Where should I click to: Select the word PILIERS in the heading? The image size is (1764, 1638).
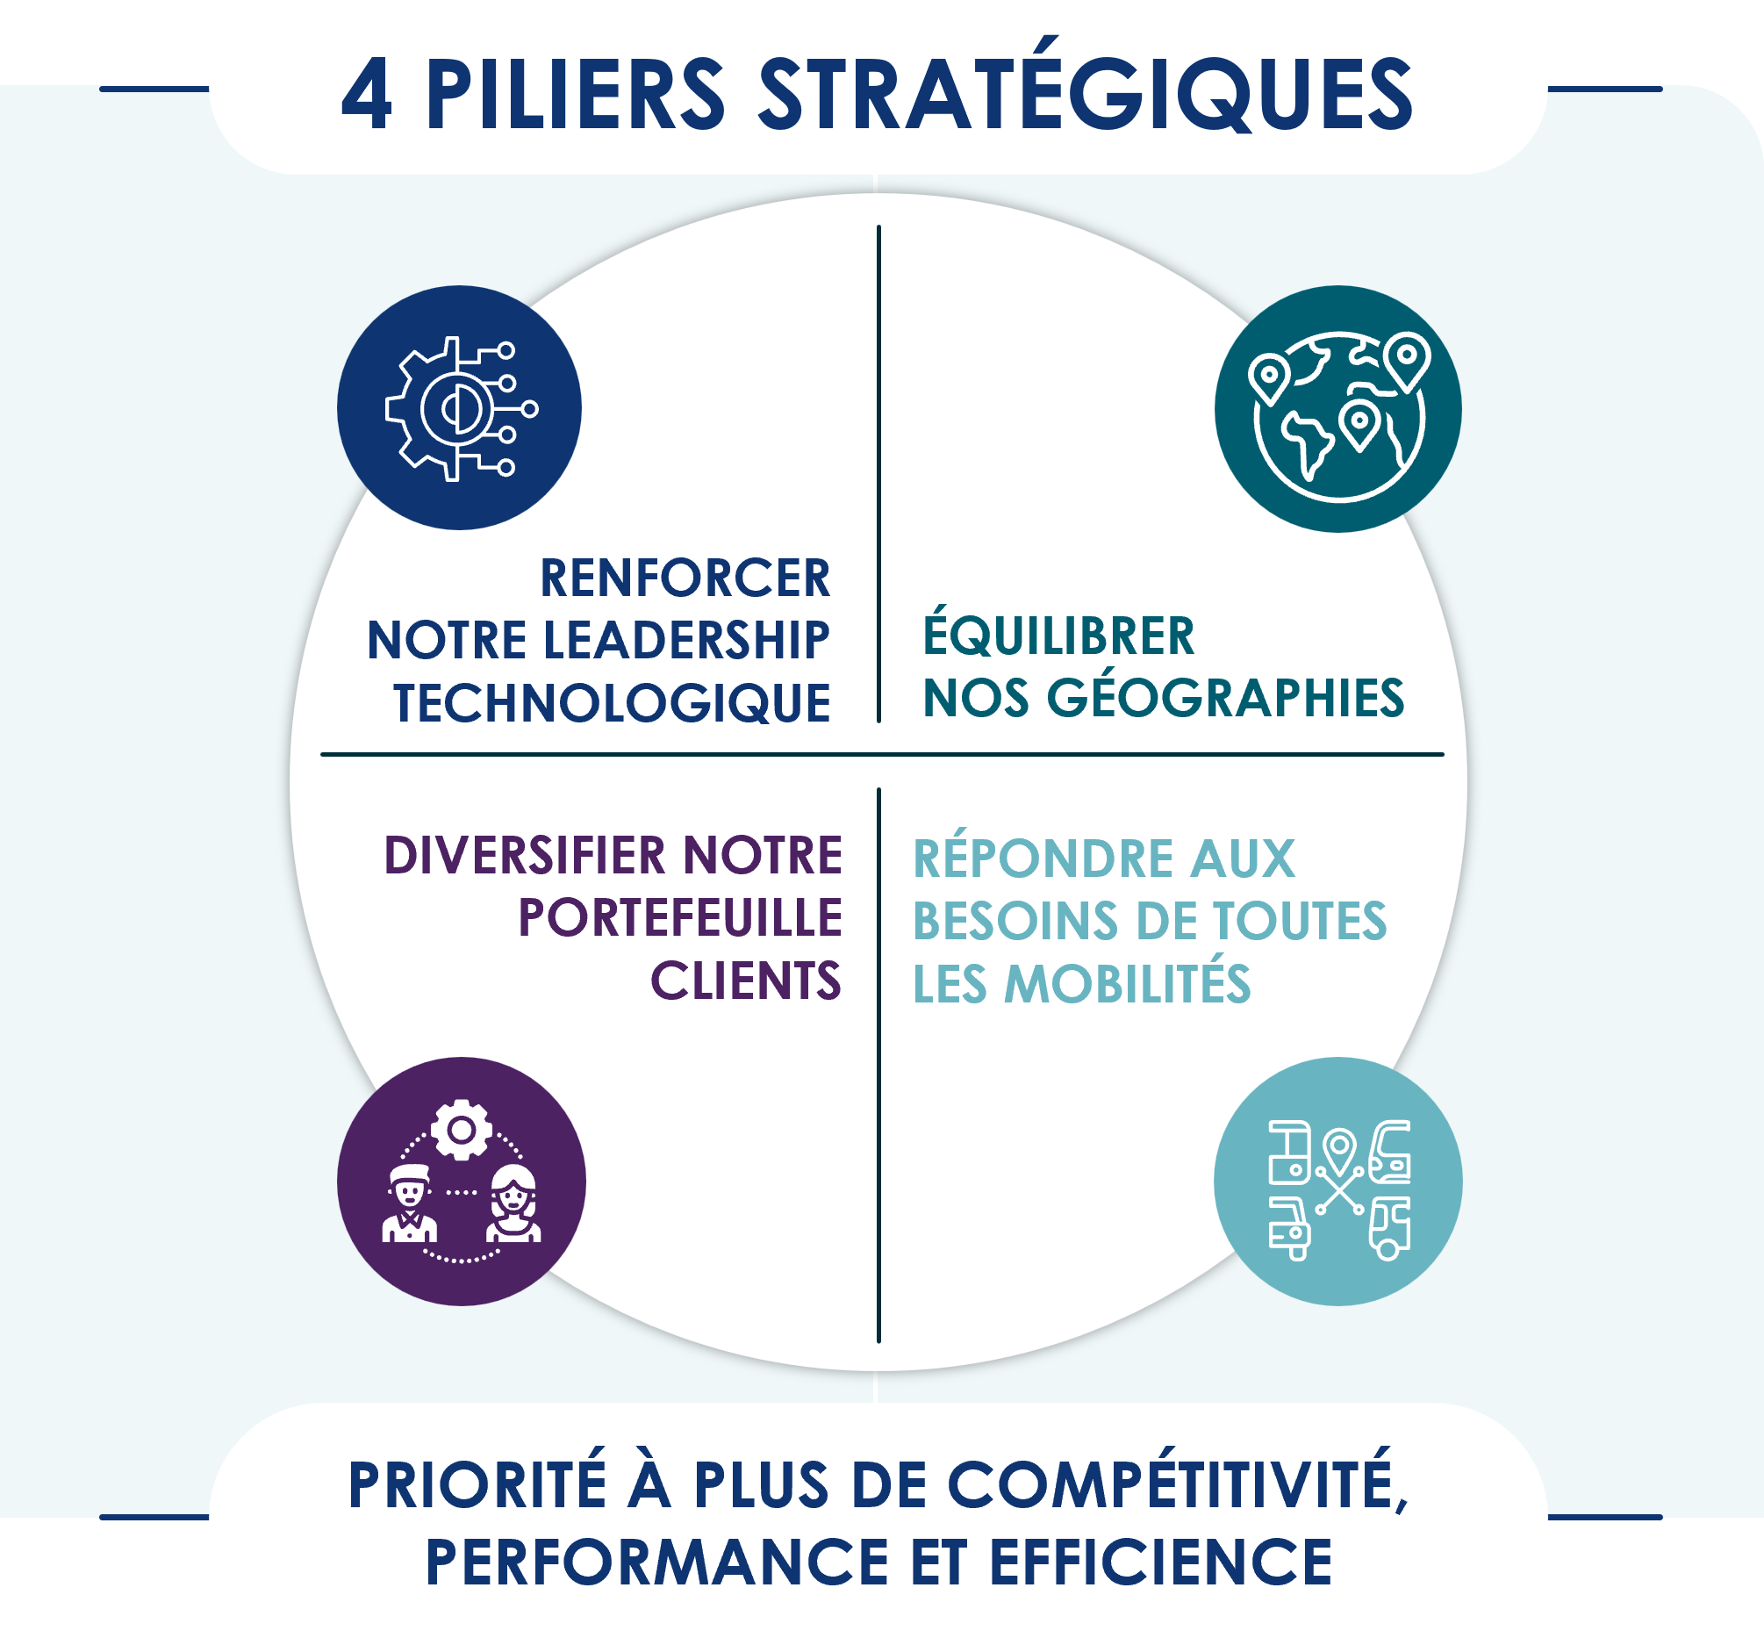[x=576, y=96]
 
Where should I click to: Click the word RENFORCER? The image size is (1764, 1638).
[x=685, y=578]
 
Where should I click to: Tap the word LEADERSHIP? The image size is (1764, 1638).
[x=685, y=641]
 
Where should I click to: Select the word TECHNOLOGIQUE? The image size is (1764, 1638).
[x=613, y=704]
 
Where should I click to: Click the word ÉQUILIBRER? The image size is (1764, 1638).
[x=1058, y=636]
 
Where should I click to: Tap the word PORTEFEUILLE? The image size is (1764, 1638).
[x=679, y=918]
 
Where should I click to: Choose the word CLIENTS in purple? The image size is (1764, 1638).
[x=745, y=981]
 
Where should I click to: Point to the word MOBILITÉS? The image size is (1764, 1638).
[x=1127, y=985]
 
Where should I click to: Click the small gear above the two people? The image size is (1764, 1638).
[x=461, y=1129]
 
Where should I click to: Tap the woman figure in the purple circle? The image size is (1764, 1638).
[x=513, y=1205]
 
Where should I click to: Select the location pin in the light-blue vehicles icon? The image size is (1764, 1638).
[x=1339, y=1151]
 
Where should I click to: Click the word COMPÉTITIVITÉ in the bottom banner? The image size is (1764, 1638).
[x=1179, y=1485]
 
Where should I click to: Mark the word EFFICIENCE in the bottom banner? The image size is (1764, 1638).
[x=1161, y=1562]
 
